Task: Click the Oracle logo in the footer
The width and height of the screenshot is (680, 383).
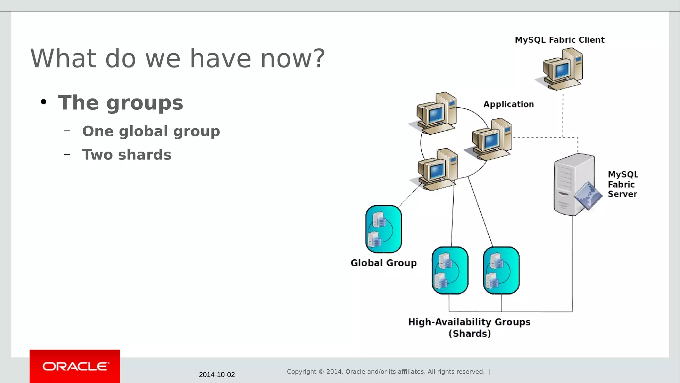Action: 75,366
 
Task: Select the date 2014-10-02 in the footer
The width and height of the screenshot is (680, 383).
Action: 217,375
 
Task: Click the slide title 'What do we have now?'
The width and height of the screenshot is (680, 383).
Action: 178,59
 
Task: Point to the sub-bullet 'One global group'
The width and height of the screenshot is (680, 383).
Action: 151,131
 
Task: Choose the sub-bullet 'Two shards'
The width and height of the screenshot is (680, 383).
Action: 127,155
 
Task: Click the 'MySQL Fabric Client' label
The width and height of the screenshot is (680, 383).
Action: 559,40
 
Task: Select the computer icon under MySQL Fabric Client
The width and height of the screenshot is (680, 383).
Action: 561,69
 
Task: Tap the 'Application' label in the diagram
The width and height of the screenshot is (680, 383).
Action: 509,104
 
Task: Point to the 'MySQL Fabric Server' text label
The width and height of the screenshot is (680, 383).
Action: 623,184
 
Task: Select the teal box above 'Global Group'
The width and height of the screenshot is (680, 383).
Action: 383,229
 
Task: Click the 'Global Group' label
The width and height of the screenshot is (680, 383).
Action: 383,263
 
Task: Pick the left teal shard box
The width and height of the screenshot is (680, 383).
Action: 450,270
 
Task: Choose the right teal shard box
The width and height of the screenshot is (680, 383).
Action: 501,270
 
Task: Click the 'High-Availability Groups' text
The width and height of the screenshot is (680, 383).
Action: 469,322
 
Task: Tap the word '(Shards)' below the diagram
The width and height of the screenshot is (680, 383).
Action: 469,334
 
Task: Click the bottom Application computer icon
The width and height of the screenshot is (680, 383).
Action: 437,170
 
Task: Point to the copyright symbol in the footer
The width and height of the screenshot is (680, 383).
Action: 321,372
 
